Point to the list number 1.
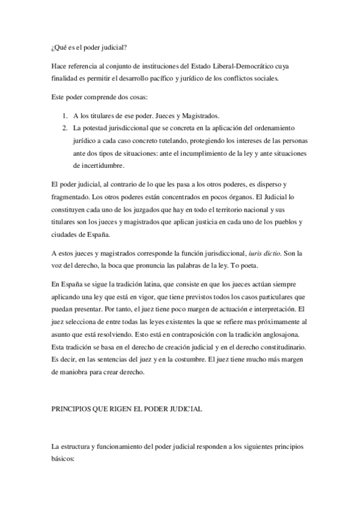(x=65, y=115)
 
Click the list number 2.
(x=65, y=128)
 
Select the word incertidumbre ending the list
(x=99, y=165)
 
